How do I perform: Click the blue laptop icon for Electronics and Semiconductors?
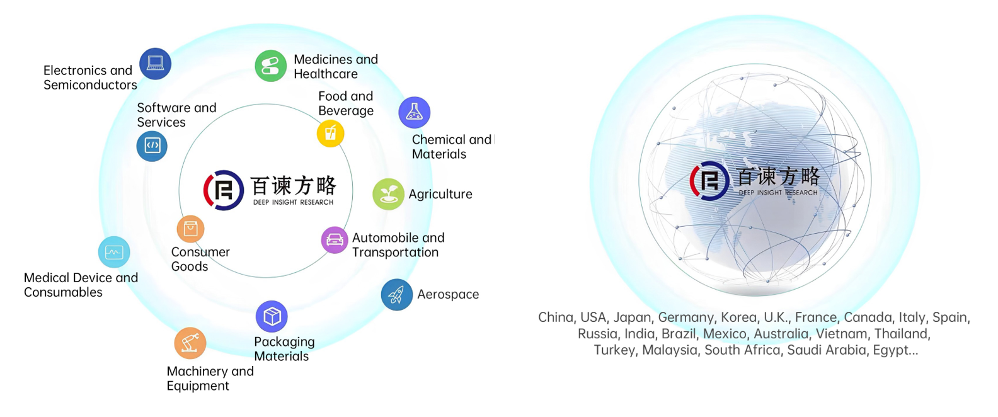[x=155, y=64]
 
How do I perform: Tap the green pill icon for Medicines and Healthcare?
[x=270, y=66]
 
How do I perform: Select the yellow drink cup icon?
[x=331, y=133]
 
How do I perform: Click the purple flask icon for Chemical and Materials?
[x=415, y=112]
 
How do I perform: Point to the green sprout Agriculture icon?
[x=389, y=194]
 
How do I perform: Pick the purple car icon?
[x=335, y=240]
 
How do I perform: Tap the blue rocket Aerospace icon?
[x=396, y=295]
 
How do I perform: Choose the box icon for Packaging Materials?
[x=272, y=316]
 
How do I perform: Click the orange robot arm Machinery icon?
[x=190, y=343]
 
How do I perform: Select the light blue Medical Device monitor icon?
[x=114, y=252]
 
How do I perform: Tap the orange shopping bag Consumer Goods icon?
[x=191, y=229]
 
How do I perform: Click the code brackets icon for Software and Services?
[x=152, y=146]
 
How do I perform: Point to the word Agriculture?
[x=440, y=194]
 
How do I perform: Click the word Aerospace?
[x=448, y=295]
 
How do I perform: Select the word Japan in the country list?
[x=632, y=317]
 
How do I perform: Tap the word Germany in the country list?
[x=687, y=317]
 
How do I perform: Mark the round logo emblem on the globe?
[x=709, y=180]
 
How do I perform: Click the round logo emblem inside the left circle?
[x=223, y=190]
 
